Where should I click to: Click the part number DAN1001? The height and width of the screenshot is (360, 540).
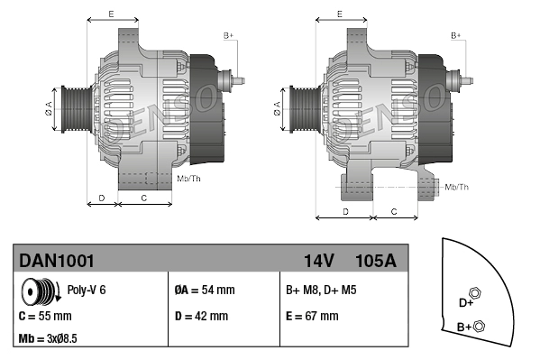[56, 261]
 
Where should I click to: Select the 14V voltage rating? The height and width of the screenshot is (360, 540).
[318, 261]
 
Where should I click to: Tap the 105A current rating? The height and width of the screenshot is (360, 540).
[376, 261]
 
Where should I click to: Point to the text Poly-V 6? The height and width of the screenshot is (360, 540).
[87, 291]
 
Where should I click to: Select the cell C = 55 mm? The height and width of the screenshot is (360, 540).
[45, 317]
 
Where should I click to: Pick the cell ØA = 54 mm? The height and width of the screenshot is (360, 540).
[204, 291]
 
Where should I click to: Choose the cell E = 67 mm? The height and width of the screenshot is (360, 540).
[312, 317]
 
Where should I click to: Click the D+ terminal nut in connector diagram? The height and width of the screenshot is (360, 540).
[477, 295]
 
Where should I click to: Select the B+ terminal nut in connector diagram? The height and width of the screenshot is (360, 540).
[479, 326]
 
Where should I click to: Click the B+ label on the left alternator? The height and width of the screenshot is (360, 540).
[228, 35]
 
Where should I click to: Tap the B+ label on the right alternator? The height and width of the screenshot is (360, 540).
[456, 35]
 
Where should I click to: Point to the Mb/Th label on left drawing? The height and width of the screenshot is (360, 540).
[189, 179]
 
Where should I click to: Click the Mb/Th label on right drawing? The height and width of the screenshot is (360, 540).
[456, 187]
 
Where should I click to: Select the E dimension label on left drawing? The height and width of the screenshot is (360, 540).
[110, 14]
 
